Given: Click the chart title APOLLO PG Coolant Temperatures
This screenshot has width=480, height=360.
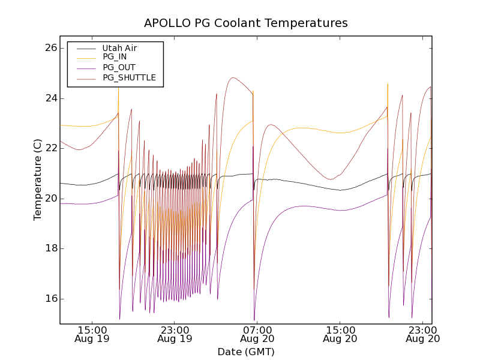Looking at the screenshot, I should [246, 23].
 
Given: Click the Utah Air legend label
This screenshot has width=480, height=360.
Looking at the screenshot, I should [119, 48].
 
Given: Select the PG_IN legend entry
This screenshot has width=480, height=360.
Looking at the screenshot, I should [115, 57].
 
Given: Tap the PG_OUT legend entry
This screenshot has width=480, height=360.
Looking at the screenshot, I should [119, 67].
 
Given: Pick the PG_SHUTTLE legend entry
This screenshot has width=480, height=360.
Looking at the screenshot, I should [129, 77].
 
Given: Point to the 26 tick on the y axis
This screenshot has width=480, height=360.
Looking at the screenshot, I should [50, 48].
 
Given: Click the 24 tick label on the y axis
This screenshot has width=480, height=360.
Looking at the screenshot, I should [50, 98].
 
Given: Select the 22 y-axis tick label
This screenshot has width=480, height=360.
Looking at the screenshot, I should [50, 148].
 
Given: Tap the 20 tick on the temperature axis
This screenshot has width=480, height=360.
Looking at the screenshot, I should [50, 199].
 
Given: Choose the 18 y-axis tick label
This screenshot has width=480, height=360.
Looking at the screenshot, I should [50, 248].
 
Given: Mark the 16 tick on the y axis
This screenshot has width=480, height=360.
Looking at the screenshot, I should [50, 299].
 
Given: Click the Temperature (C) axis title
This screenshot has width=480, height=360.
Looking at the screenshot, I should [38, 180].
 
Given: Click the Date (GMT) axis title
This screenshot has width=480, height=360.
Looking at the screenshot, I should [246, 352].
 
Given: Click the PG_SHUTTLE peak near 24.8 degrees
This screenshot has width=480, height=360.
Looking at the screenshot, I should [233, 77].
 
